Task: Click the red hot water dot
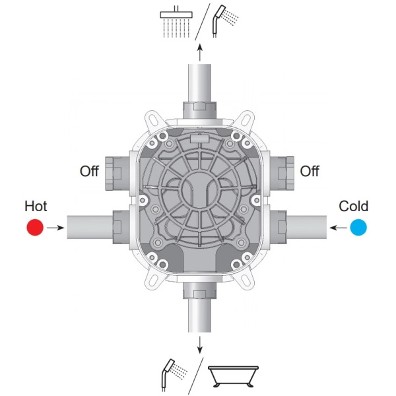pos(35,227)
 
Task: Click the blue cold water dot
pos(358,227)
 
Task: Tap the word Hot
pos(36,206)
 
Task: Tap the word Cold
pos(353,206)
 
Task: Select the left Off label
pos(89,171)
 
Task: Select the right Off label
pos(310,171)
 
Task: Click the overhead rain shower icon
pos(176,22)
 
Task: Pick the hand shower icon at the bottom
pos(174,375)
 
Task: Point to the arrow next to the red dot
pos(55,228)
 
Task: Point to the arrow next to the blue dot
pos(338,228)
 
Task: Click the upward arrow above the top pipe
pos(200,52)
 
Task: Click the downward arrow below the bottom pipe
pos(200,345)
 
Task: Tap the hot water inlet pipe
pos(90,227)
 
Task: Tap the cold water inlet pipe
pos(307,227)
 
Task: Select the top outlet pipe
pos(200,83)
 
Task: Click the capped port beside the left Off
pos(117,173)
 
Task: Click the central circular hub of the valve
pos(200,190)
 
